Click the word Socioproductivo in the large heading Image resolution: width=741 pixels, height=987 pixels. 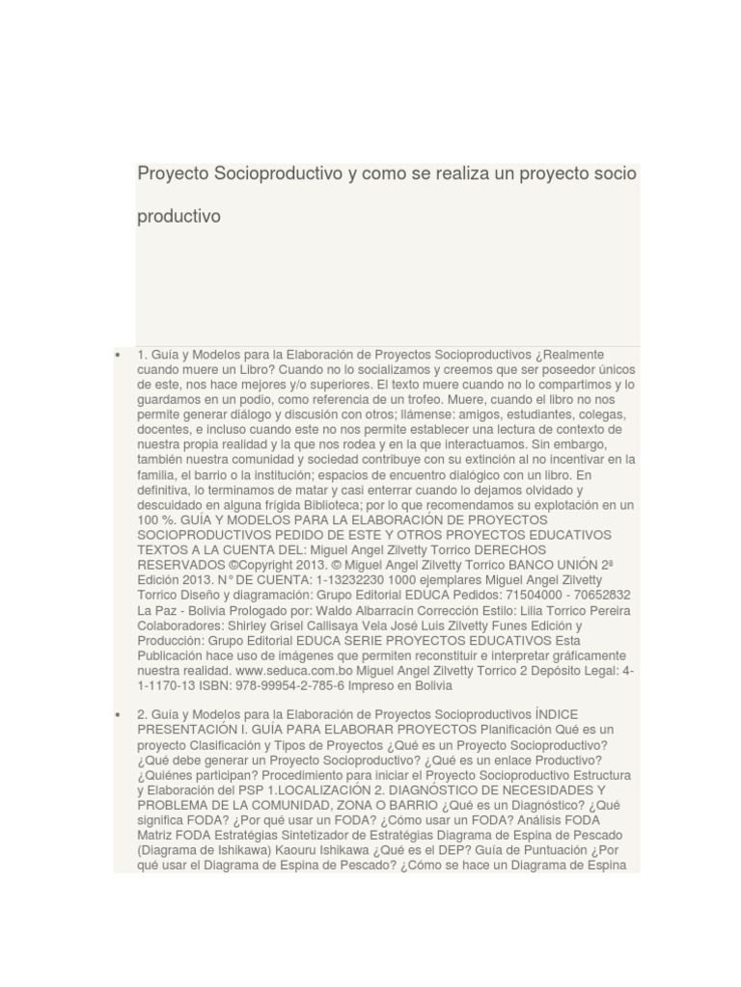276,173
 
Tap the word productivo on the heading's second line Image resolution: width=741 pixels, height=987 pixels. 178,217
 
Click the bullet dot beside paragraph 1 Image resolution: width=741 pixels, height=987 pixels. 118,355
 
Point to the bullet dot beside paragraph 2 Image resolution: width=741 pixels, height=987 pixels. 118,714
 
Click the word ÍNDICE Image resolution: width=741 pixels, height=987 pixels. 556,714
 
